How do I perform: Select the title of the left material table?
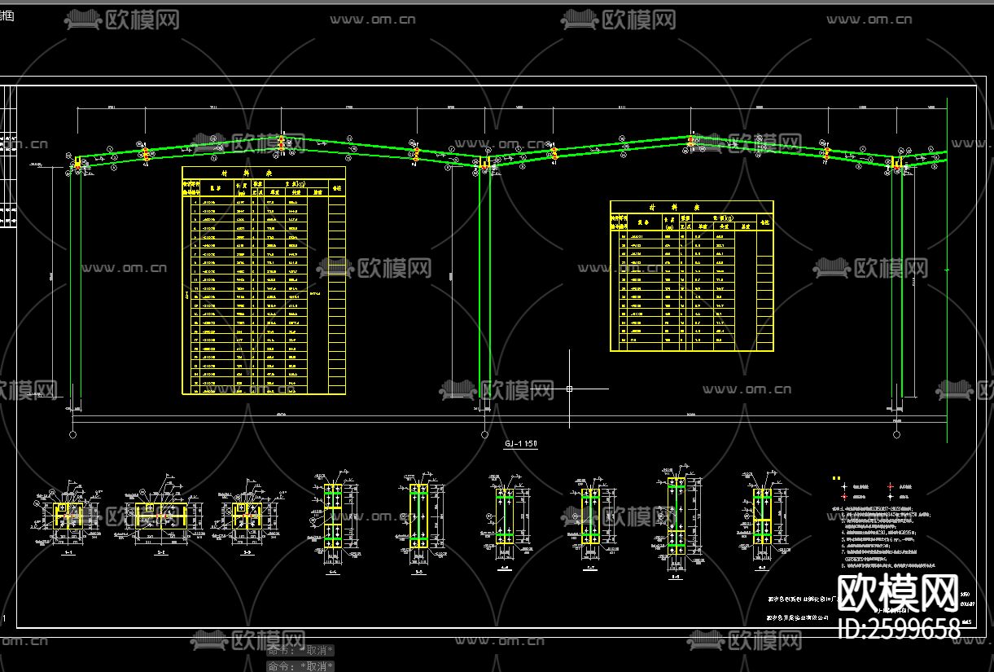pyautogui.click(x=263, y=173)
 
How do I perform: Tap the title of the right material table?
pyautogui.click(x=691, y=207)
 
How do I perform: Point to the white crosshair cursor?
pyautogui.click(x=569, y=389)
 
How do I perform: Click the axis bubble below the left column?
pyautogui.click(x=73, y=435)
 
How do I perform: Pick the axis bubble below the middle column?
pyautogui.click(x=484, y=435)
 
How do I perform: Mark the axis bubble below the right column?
pyautogui.click(x=896, y=435)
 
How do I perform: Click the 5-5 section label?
pyautogui.click(x=418, y=572)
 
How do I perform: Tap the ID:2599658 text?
pyautogui.click(x=898, y=628)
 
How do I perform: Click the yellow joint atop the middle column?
pyautogui.click(x=484, y=164)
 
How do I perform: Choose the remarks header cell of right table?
pyautogui.click(x=764, y=221)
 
